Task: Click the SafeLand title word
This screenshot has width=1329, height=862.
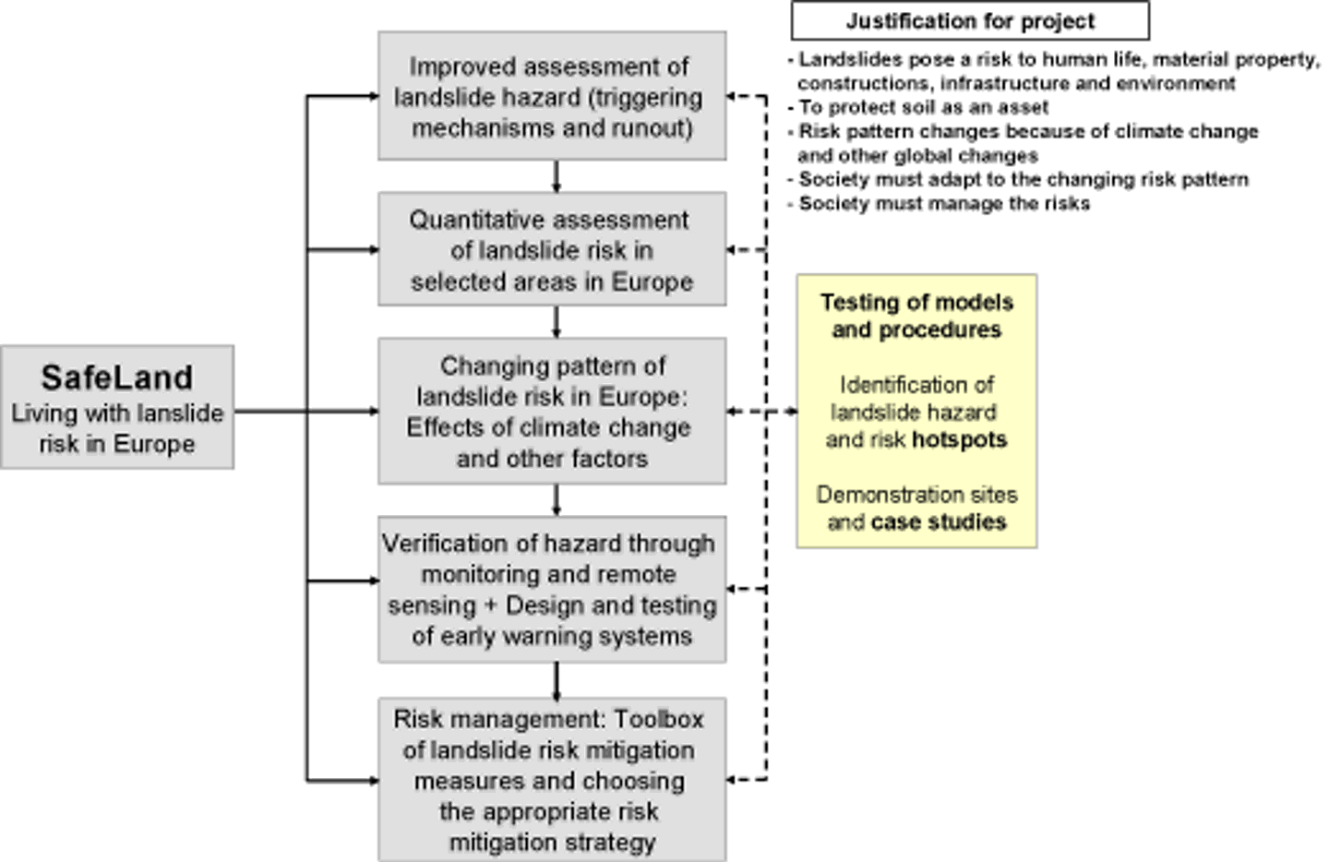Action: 116,377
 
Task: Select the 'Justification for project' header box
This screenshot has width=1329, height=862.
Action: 970,20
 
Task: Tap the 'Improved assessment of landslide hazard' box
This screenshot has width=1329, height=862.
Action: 552,96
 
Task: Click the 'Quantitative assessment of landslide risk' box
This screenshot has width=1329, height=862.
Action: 552,249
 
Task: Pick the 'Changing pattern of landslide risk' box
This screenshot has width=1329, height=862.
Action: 552,412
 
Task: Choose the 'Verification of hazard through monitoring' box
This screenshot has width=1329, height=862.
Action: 552,589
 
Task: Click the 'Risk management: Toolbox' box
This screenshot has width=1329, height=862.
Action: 552,780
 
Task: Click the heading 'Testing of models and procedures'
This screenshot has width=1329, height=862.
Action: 916,316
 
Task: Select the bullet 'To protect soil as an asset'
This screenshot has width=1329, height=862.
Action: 923,107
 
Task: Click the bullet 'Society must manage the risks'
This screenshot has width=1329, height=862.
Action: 943,203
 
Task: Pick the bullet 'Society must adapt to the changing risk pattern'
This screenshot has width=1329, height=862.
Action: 1023,179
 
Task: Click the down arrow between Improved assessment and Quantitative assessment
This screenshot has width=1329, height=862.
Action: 556,177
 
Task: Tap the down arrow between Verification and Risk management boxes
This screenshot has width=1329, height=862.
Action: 556,681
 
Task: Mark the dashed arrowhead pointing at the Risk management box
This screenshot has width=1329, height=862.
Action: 733,780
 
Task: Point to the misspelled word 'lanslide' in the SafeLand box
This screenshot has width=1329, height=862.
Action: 181,413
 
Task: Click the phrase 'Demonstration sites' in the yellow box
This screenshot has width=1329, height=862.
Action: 916,495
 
